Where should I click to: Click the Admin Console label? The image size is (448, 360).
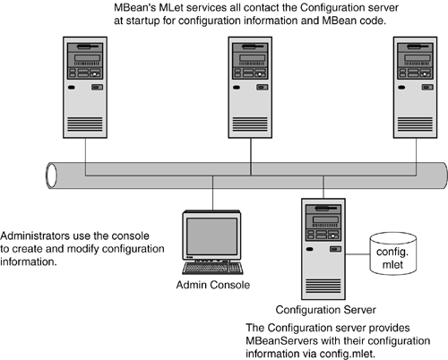tap(213, 285)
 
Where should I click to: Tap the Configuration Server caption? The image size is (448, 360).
tap(325, 310)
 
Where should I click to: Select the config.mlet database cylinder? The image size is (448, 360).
tap(393, 253)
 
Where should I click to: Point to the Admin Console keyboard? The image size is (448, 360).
tap(212, 268)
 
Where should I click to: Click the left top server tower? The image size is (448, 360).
tap(85, 88)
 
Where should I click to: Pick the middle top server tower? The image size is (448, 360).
tap(250, 88)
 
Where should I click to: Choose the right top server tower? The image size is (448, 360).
tap(416, 88)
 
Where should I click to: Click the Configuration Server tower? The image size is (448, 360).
tap(323, 249)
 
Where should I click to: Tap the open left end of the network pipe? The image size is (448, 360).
tap(51, 176)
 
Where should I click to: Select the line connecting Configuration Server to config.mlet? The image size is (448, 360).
tap(358, 254)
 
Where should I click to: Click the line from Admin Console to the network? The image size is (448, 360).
tap(213, 193)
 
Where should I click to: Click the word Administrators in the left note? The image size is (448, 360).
tap(35, 236)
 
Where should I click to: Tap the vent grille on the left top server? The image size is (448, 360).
tap(85, 124)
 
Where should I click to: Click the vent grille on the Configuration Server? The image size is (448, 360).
tap(323, 286)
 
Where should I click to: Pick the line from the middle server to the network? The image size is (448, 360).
tap(251, 157)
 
